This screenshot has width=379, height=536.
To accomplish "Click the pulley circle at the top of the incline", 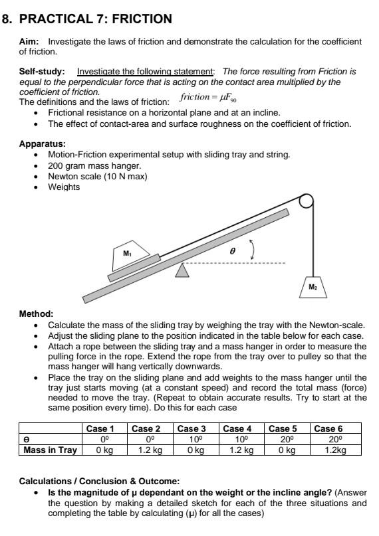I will pyautogui.click(x=305, y=201).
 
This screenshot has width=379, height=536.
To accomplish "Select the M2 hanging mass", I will pyautogui.click(x=313, y=286).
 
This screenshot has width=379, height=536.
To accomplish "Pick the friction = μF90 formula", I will pyautogui.click(x=208, y=99).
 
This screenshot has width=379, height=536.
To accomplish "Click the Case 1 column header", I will pyautogui.click(x=101, y=428).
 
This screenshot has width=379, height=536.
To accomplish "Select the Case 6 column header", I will pyautogui.click(x=328, y=428).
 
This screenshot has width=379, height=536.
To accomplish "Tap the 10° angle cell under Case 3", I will pyautogui.click(x=193, y=439).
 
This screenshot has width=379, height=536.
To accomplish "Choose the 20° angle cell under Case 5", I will pyautogui.click(x=283, y=439).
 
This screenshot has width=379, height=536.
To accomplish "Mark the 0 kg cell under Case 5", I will pyautogui.click(x=283, y=450).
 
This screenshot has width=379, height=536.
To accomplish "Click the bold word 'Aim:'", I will pyautogui.click(x=30, y=42).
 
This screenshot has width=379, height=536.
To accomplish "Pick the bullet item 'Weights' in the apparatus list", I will pyautogui.click(x=64, y=187).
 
